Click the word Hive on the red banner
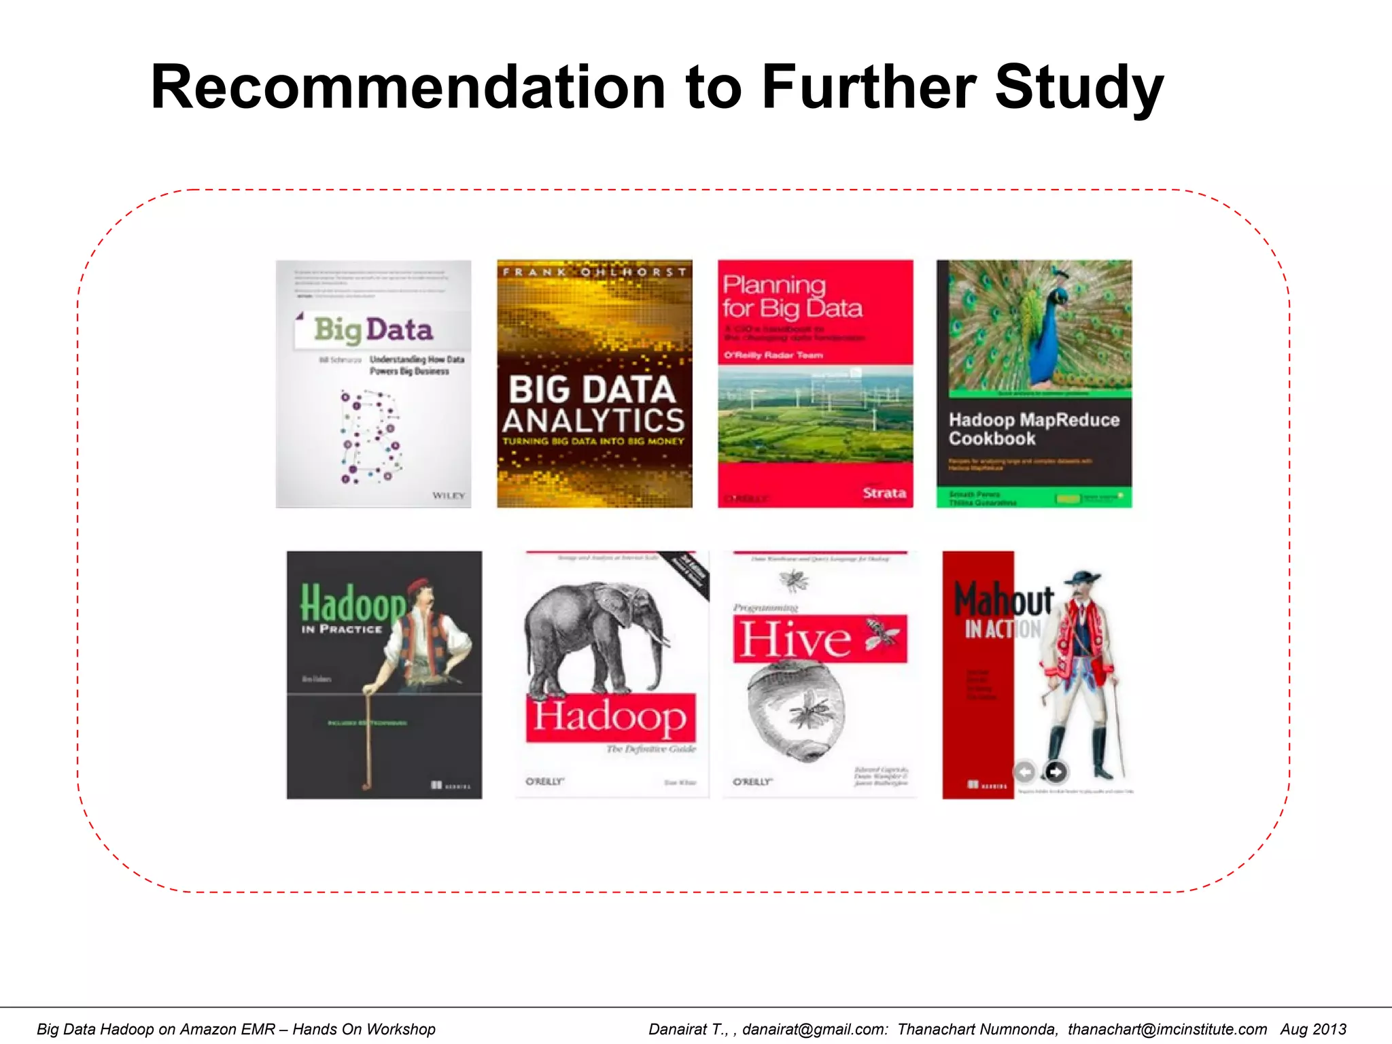click(795, 639)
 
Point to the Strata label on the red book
click(884, 493)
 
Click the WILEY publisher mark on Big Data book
click(449, 495)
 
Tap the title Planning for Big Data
click(792, 296)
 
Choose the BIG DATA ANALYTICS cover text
click(593, 404)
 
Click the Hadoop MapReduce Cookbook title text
click(1033, 429)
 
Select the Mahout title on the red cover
click(1003, 599)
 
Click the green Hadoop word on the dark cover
click(352, 602)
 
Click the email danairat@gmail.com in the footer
click(814, 1029)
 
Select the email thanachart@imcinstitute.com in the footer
click(1167, 1029)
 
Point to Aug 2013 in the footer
click(1313, 1029)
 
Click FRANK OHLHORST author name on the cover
click(595, 272)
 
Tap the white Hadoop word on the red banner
click(610, 717)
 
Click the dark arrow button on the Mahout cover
click(1055, 771)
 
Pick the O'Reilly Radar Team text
click(773, 355)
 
